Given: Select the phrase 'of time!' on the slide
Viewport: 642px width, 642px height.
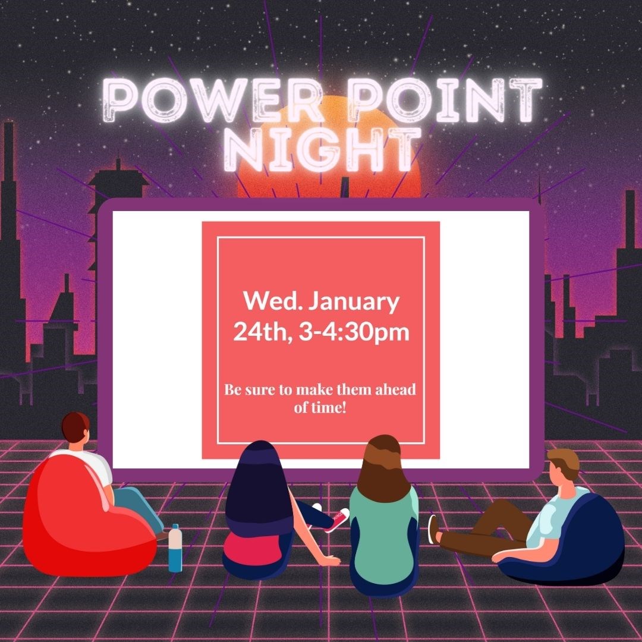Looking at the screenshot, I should [x=320, y=409].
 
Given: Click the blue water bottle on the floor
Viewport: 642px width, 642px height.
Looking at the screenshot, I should [x=175, y=547].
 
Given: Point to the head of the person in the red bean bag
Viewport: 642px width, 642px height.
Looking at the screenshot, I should [x=75, y=428].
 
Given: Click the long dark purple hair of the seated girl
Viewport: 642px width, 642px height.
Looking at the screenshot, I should [x=259, y=481].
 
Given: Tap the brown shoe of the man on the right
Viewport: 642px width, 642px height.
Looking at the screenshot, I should [x=433, y=529].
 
